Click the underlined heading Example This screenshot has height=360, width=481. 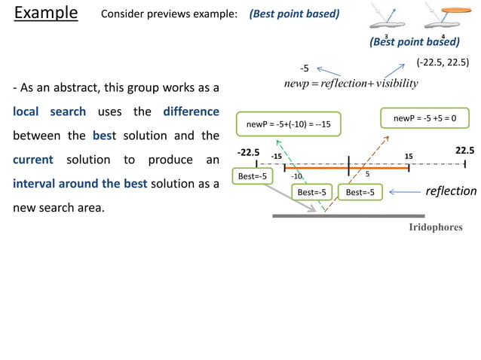pyautogui.click(x=46, y=14)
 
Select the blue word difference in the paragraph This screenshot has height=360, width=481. pyautogui.click(x=191, y=112)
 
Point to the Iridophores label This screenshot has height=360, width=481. pyautogui.click(x=436, y=227)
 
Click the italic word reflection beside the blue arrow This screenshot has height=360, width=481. pyautogui.click(x=451, y=191)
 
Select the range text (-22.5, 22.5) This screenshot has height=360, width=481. pyautogui.click(x=443, y=64)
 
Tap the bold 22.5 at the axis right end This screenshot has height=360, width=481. pyautogui.click(x=464, y=151)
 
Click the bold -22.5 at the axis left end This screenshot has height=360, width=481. pyautogui.click(x=248, y=153)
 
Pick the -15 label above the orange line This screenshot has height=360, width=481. pyautogui.click(x=276, y=157)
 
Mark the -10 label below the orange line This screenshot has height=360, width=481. pyautogui.click(x=297, y=175)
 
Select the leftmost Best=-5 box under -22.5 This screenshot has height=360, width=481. pyautogui.click(x=252, y=175)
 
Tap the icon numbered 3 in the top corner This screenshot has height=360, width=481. pyautogui.click(x=386, y=17)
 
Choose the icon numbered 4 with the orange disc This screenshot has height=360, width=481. pyautogui.click(x=443, y=17)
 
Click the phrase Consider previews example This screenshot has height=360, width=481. pyautogui.click(x=169, y=14)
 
